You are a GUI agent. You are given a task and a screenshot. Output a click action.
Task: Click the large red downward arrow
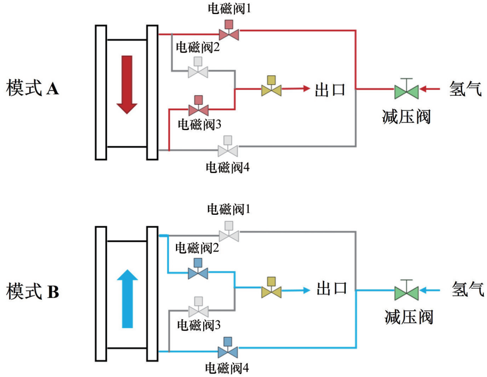click(x=127, y=84)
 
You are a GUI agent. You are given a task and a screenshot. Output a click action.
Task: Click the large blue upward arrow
click(x=127, y=298)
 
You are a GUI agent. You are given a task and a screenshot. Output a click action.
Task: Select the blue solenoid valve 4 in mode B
click(x=228, y=348)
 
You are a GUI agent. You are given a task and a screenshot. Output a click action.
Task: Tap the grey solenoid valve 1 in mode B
click(x=229, y=232)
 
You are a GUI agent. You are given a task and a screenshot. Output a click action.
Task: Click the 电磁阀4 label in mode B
click(x=228, y=367)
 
